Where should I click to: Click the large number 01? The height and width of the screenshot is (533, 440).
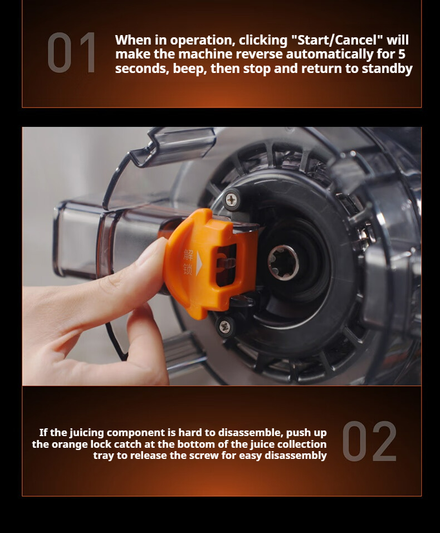point(71,52)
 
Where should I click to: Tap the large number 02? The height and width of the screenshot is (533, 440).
point(369,441)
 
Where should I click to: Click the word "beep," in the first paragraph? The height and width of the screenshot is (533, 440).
point(190,69)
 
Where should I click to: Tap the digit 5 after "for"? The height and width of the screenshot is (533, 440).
point(402,54)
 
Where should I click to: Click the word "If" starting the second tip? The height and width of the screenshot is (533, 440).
point(43,432)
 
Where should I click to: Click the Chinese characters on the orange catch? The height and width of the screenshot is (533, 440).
point(188,262)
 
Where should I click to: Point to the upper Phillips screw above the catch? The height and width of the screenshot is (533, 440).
point(232,200)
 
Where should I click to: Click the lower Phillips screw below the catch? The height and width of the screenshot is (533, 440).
point(224,327)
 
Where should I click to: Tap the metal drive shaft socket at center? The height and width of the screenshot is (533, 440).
point(283,262)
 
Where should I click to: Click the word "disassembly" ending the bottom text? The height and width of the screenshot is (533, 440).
point(296,456)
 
